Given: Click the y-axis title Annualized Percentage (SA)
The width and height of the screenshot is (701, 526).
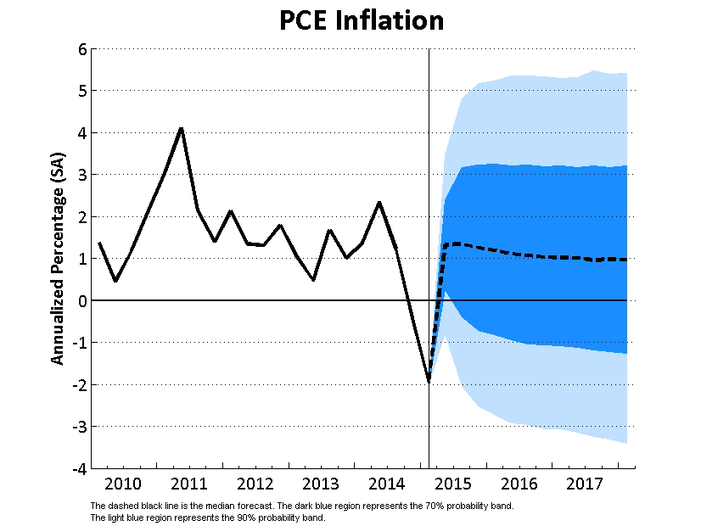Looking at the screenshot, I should coord(58,258).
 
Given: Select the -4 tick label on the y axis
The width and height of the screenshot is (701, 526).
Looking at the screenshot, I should coord(79,468).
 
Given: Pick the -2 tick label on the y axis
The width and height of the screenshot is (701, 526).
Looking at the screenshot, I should coord(79,384).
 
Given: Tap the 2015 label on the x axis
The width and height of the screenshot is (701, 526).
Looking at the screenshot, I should coord(453,484).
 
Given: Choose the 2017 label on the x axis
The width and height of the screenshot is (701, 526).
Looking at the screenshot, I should coord(585,484).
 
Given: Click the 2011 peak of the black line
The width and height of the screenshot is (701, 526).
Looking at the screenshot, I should coord(181,128).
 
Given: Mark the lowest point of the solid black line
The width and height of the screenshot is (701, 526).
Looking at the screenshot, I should coord(429,382).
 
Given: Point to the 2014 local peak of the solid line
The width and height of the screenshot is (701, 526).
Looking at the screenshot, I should coord(379,202).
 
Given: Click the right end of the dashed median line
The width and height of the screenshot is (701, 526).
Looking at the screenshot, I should coord(626,260).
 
